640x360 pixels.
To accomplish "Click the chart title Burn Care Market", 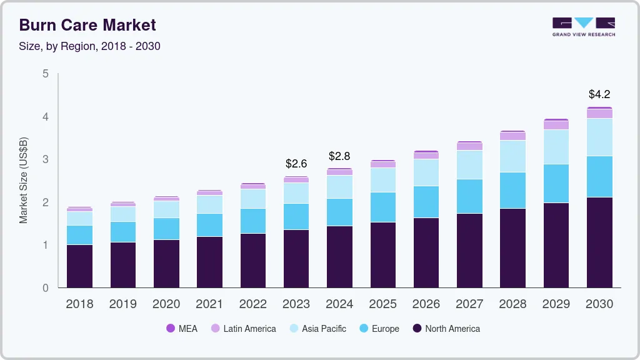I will tap(87, 25).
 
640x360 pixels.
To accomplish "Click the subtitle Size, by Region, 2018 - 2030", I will tap(90, 46).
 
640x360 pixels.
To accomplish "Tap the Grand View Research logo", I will tap(583, 27).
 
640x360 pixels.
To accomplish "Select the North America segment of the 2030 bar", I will tap(599, 242).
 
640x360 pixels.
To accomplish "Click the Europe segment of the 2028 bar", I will tap(512, 190).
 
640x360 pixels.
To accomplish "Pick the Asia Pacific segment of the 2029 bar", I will tap(556, 147).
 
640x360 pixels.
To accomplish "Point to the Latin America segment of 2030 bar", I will tap(599, 114).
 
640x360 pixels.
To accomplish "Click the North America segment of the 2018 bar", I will tap(79, 266).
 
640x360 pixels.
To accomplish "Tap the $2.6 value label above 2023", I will tap(296, 164).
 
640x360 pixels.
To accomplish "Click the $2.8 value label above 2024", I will tap(340, 156).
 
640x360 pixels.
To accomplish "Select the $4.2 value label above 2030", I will tap(599, 95).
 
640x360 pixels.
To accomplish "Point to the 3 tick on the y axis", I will tap(45, 159).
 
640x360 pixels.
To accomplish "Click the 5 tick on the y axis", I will tap(45, 74).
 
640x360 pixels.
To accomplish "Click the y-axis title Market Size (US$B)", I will tap(24, 180).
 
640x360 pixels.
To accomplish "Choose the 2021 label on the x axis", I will tap(209, 304).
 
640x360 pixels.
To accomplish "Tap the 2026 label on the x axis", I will tap(426, 304).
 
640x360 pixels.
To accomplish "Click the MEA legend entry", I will tap(182, 329).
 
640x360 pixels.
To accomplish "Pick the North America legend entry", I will tap(446, 329).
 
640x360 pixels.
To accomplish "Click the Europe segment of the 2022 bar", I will tap(253, 221).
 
